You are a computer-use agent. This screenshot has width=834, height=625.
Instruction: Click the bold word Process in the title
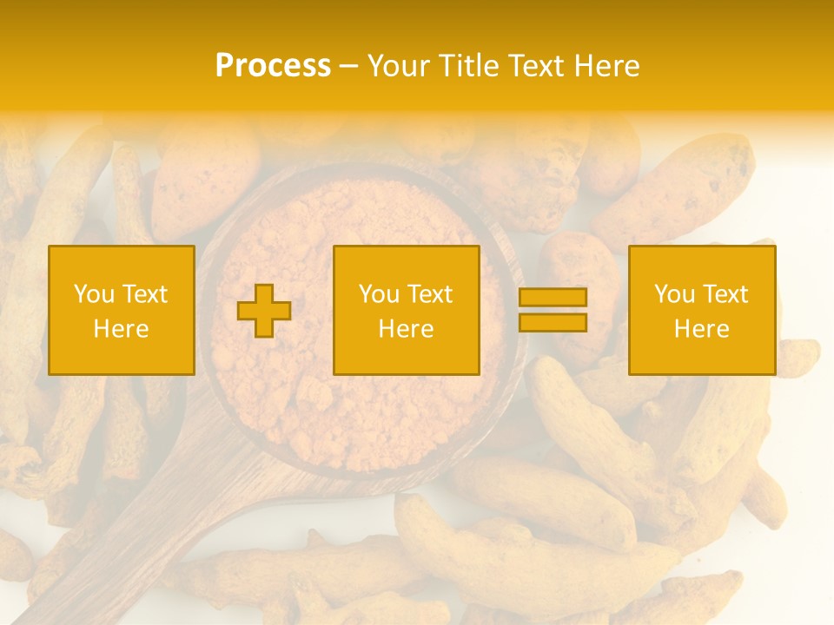click(x=273, y=66)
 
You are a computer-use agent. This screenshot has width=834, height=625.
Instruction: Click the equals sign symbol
click(x=553, y=310)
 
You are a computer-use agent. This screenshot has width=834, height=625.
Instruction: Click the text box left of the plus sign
click(x=122, y=310)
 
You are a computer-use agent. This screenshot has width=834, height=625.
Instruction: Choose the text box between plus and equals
click(x=406, y=310)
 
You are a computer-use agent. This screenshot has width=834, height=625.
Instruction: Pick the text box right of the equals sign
click(x=701, y=310)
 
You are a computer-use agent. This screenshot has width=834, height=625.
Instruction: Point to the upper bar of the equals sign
click(x=553, y=298)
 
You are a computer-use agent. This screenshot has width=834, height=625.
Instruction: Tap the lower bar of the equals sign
click(x=553, y=323)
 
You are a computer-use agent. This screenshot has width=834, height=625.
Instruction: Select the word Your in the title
click(x=397, y=66)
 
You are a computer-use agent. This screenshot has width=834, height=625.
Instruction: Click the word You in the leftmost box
click(x=94, y=294)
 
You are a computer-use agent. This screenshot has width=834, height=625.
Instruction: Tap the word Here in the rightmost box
click(x=701, y=329)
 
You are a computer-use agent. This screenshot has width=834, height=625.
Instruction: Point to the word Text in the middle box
click(x=428, y=294)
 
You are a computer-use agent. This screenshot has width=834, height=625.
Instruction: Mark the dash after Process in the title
click(x=348, y=66)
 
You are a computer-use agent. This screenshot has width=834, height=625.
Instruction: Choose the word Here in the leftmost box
click(x=121, y=329)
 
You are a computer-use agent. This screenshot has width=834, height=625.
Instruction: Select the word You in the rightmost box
click(x=674, y=294)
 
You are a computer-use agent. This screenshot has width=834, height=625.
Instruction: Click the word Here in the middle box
click(x=406, y=329)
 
